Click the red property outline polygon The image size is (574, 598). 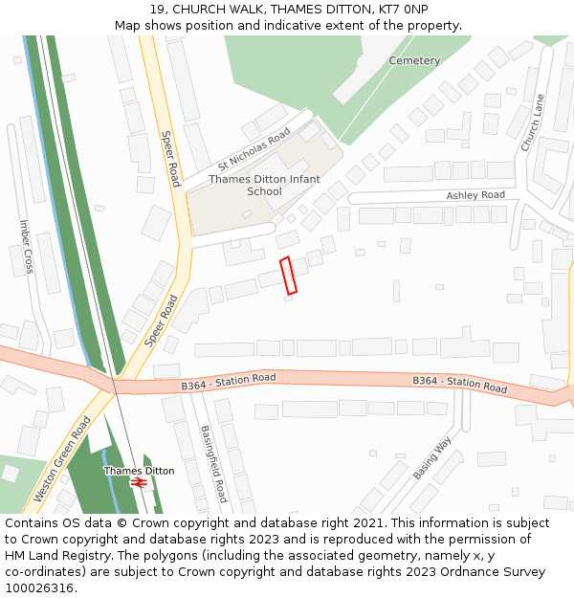(288, 275)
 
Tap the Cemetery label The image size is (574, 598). (414, 61)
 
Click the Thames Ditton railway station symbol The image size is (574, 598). (140, 484)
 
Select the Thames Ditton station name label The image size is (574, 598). (139, 471)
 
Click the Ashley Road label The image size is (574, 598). (475, 195)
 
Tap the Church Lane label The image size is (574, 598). (532, 122)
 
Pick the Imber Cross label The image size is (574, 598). (26, 247)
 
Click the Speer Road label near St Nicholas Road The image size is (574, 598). (169, 159)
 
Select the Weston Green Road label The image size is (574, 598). (62, 458)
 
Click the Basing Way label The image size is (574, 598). (431, 458)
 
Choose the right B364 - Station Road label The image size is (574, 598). (459, 385)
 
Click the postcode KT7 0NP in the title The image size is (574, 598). (403, 9)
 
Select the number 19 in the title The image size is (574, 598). (157, 9)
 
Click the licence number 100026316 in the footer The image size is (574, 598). (38, 588)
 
